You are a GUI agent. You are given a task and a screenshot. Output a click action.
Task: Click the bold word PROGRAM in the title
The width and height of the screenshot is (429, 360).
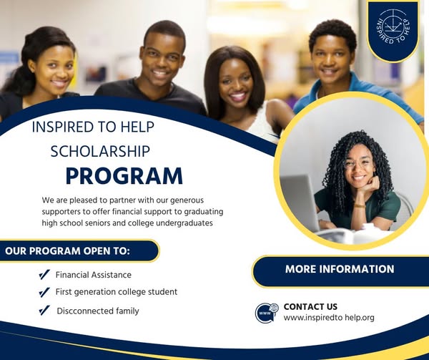(x=124, y=176)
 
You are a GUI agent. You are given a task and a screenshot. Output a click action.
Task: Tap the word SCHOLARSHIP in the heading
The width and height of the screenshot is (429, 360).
(x=100, y=152)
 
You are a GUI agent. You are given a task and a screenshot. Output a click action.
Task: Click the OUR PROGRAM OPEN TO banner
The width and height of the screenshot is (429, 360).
(x=79, y=251)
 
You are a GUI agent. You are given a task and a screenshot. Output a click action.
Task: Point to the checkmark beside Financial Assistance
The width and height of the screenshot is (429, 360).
(x=44, y=275)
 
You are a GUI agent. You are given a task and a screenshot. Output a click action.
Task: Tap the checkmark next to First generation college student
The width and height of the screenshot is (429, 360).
(x=44, y=293)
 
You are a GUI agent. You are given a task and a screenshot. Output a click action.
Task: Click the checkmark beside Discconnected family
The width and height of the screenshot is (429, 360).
(x=44, y=311)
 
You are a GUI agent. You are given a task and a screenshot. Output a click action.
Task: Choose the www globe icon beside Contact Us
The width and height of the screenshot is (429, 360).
(x=267, y=313)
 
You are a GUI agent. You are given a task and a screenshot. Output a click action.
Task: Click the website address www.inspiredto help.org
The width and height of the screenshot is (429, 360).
(x=329, y=318)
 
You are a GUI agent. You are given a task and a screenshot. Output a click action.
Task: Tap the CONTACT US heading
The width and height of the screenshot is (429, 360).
(x=310, y=306)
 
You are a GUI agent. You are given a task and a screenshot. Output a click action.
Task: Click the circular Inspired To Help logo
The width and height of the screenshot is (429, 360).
(x=393, y=26)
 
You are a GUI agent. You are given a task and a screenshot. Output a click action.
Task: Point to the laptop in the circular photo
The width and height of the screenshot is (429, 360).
(x=300, y=203)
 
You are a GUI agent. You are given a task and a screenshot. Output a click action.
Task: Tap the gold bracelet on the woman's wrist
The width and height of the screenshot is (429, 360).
(x=360, y=206)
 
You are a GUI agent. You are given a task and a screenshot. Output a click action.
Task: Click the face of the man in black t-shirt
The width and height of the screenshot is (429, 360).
(x=162, y=59)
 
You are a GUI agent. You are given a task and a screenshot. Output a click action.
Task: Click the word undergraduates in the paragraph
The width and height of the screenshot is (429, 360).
(x=184, y=223)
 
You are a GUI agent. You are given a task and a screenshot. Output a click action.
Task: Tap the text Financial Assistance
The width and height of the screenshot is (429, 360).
(x=94, y=275)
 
